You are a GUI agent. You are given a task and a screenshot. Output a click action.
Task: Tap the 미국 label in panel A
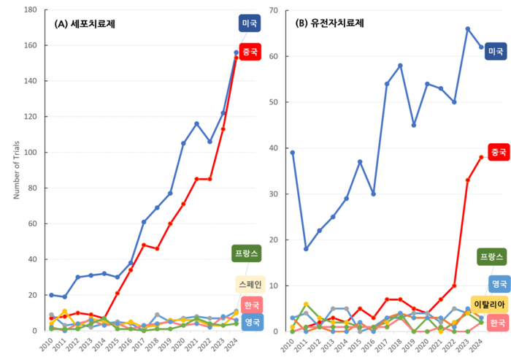coord(250,23)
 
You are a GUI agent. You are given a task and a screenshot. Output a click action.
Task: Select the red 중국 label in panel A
coord(250,53)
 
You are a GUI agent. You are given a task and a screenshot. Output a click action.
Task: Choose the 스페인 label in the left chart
coord(250,284)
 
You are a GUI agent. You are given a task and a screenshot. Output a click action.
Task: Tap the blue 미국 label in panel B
coord(496,51)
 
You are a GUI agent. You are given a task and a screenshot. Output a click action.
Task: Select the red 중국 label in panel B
coord(499,153)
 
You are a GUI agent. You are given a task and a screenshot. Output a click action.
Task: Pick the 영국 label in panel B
coord(499,283)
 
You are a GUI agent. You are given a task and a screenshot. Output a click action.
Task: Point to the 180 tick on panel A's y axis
coord(31,10)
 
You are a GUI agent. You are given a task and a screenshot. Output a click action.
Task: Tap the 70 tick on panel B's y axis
coord(274,10)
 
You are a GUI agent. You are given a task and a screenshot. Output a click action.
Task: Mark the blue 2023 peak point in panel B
coord(467,29)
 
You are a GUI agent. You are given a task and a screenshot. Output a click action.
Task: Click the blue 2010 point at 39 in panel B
coord(293,153)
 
